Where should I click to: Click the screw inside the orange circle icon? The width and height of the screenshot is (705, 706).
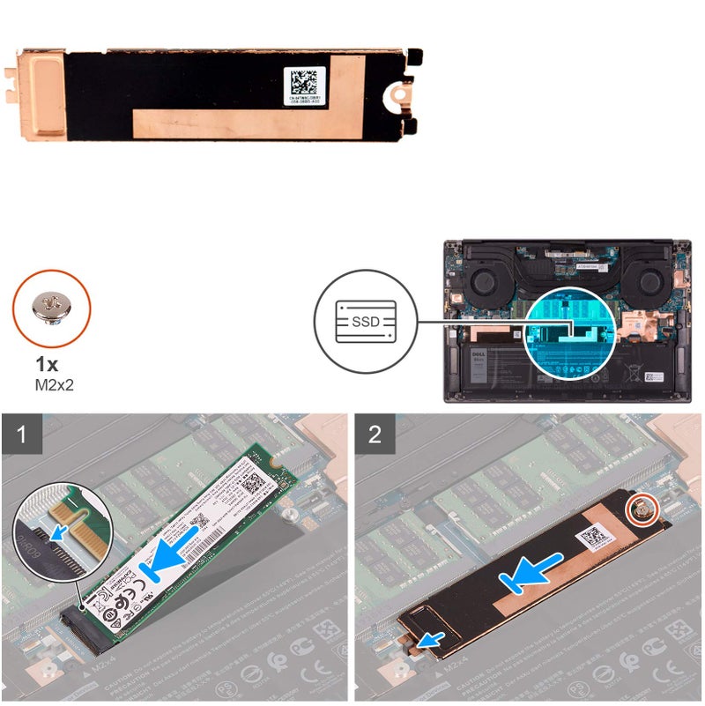click(50, 306)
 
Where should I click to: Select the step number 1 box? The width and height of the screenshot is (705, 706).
click(18, 435)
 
